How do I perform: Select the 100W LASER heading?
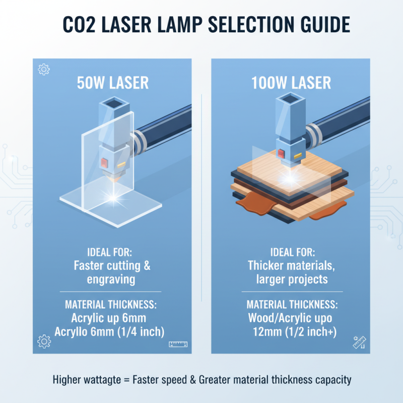(x=291, y=83)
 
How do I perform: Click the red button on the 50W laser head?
(x=105, y=162)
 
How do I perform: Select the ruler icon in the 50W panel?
(x=178, y=345)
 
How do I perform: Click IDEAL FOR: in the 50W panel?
(x=112, y=252)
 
